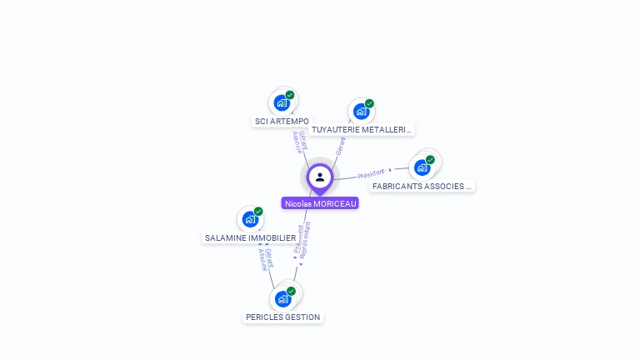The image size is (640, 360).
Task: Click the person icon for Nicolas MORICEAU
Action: (320, 177)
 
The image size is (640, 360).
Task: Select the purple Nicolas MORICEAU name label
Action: (320, 203)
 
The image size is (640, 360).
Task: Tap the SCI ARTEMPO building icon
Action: (282, 103)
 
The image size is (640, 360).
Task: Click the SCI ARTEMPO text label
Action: (282, 122)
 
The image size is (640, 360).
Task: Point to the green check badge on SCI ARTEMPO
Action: (290, 95)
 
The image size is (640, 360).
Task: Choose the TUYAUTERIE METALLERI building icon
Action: (361, 112)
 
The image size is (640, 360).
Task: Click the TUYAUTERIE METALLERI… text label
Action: (362, 130)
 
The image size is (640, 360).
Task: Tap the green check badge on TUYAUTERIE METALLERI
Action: (369, 104)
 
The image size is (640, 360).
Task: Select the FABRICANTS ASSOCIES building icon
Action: (422, 167)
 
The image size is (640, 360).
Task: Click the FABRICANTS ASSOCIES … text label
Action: (422, 187)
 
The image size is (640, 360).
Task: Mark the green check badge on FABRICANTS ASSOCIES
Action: (430, 160)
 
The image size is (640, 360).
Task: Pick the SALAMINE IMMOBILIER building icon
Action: (250, 219)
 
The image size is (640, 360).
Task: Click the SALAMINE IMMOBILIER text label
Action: (250, 238)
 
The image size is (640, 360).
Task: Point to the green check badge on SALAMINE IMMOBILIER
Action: (258, 212)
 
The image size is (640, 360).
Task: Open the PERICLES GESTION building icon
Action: (283, 298)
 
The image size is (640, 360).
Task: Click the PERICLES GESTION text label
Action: (283, 317)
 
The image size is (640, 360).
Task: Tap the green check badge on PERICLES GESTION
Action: (291, 291)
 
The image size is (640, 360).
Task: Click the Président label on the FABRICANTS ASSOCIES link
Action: (371, 174)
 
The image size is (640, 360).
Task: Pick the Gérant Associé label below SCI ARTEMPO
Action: (299, 142)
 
